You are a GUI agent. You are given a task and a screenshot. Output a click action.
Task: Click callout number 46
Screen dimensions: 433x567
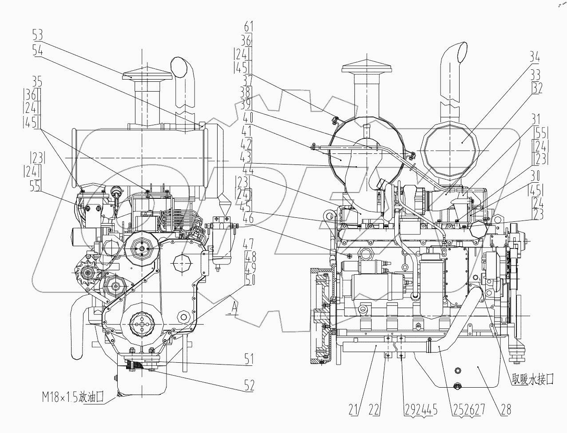247,218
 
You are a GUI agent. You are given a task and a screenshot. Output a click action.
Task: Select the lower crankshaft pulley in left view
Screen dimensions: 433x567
141,326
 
